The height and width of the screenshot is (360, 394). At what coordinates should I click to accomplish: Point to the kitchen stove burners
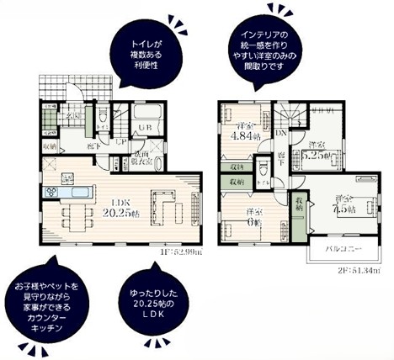(50, 192)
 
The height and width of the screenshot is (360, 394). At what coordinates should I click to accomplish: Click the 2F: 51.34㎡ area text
(357, 272)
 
